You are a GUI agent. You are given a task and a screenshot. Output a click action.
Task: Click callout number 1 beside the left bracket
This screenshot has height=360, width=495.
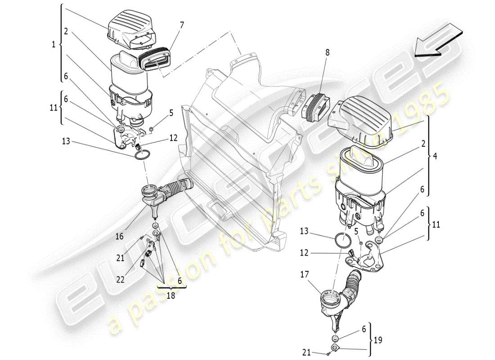pos(54,44)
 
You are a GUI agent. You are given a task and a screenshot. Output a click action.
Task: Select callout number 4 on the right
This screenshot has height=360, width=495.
pos(435,157)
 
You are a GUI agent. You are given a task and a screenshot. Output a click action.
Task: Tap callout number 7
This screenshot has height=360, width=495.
pos(182,25)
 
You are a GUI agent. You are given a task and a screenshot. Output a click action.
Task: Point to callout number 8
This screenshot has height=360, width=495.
pos(328,53)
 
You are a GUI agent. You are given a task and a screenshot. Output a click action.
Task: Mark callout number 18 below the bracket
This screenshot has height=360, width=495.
pos(171,296)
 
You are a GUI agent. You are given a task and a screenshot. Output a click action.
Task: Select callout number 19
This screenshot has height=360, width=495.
pos(379,340)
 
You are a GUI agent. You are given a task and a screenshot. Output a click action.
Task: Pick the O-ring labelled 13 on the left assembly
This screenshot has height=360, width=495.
pos(143,156)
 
